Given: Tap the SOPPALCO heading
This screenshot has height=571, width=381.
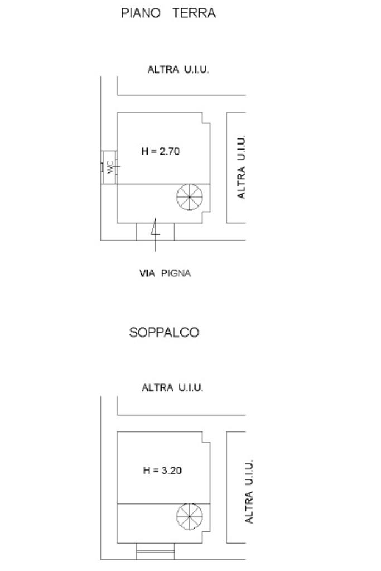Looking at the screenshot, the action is (x=164, y=333).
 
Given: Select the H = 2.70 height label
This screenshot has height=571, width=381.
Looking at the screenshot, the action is (x=160, y=151).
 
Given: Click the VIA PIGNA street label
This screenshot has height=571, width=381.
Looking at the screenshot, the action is (x=165, y=273).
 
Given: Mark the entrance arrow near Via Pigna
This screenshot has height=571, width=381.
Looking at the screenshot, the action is (x=156, y=230).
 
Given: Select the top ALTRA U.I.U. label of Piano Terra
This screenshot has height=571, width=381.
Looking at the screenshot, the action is (x=178, y=70).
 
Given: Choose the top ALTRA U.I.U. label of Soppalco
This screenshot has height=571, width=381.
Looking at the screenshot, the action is (x=172, y=387).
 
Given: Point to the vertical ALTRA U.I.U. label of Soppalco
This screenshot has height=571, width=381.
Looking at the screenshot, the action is (x=250, y=492).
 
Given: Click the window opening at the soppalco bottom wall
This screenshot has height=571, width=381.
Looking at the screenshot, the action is (x=156, y=553).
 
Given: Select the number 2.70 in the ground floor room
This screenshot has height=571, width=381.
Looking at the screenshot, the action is (x=170, y=151).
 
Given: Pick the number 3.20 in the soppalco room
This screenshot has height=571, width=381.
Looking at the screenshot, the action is (x=171, y=471).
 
